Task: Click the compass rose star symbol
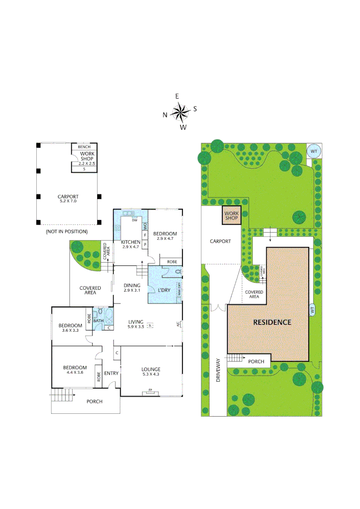[x=180, y=112]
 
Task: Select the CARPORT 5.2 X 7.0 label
[x=68, y=199]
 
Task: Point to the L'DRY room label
[x=164, y=290]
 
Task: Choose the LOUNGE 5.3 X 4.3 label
[x=150, y=372]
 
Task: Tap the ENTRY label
[x=111, y=373]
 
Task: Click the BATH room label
[x=98, y=321]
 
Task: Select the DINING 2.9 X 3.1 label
[x=132, y=287]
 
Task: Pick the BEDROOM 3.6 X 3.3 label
[x=70, y=328]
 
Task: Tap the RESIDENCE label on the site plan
[x=272, y=322]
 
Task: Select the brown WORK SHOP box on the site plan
[x=231, y=216]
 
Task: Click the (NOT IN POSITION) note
[x=66, y=232]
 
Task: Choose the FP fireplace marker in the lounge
[x=151, y=390]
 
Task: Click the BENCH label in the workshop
[x=84, y=147]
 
